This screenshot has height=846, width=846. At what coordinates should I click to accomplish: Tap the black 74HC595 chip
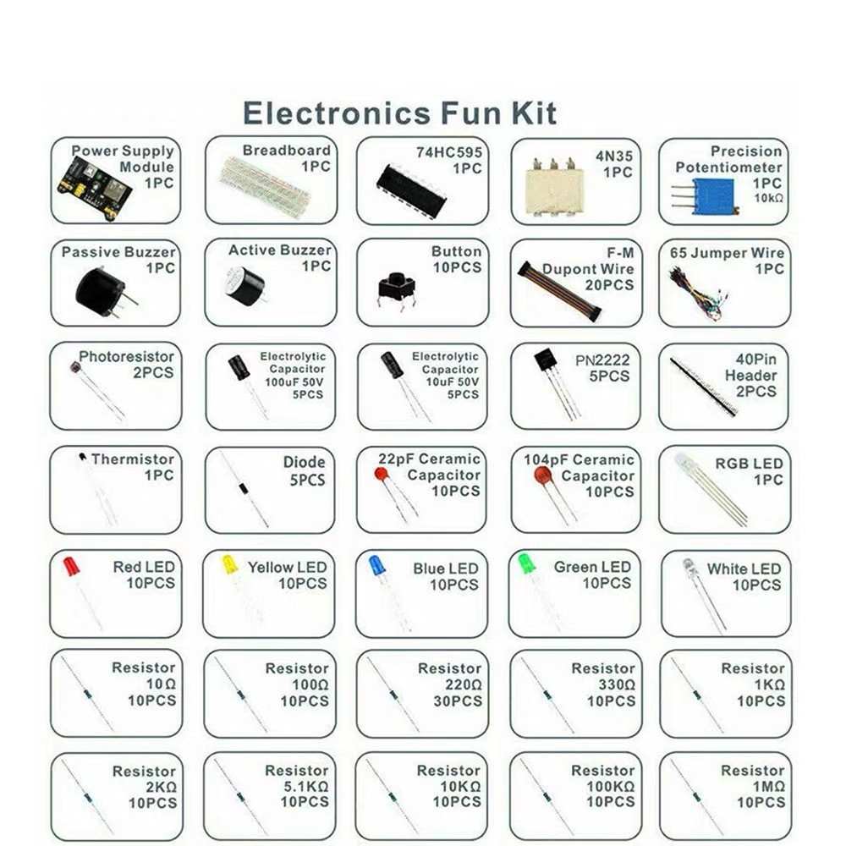(410, 190)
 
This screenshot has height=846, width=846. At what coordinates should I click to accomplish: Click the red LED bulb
(71, 566)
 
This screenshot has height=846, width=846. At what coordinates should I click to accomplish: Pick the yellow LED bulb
(229, 564)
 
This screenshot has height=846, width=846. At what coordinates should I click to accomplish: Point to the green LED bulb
(526, 563)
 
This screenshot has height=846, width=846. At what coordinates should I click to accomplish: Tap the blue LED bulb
(377, 565)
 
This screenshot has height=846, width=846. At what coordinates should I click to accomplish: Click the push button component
(394, 286)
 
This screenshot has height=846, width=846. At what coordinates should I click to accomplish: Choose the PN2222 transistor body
(546, 360)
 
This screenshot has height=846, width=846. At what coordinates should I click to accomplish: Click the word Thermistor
(132, 459)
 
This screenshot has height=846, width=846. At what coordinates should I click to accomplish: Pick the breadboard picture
(264, 186)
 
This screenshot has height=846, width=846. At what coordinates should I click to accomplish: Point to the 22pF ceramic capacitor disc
(383, 475)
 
